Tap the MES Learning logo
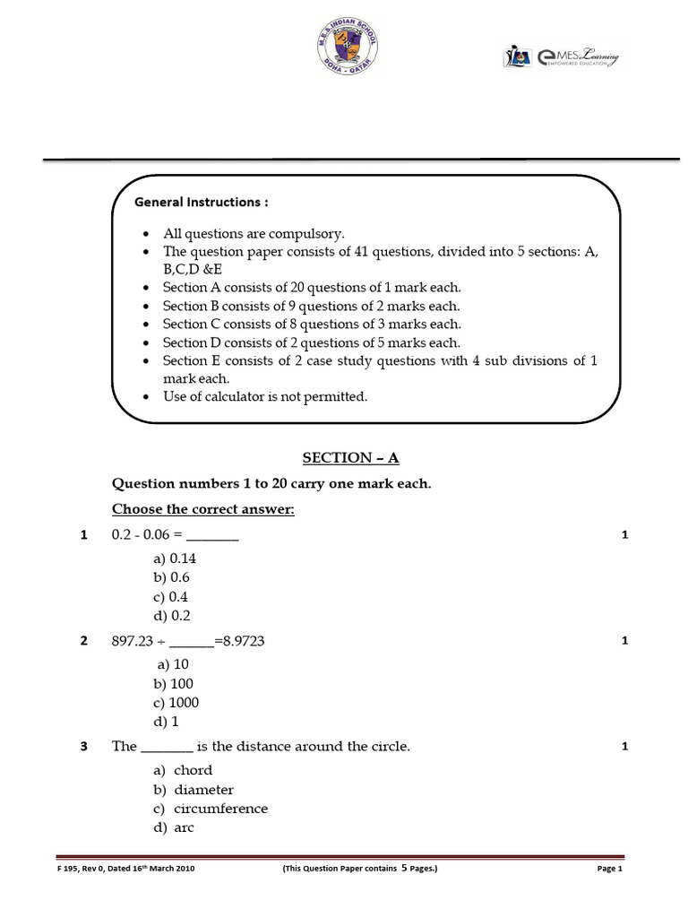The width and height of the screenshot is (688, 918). click(561, 58)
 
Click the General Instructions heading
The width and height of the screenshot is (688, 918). click(202, 202)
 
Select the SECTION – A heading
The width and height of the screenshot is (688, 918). click(350, 458)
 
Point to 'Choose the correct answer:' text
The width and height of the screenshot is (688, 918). click(202, 509)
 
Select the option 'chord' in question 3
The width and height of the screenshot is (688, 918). click(193, 770)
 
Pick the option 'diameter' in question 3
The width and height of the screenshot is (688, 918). click(203, 790)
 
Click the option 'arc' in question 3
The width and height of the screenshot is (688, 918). click(184, 827)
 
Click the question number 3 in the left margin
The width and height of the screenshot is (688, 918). click(83, 747)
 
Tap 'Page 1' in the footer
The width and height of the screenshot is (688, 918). click(608, 869)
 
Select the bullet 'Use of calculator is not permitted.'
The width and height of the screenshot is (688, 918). click(264, 396)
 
